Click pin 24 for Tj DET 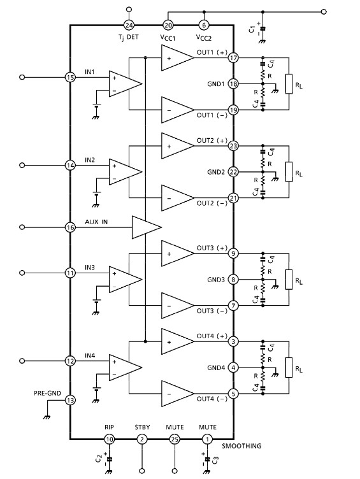point(129,25)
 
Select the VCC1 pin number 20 point(168,25)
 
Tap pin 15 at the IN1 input point(70,77)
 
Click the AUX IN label point(96,222)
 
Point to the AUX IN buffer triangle point(147,227)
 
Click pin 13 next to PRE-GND point(70,400)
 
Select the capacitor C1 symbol point(263,29)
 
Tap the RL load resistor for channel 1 point(289,83)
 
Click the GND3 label point(216,280)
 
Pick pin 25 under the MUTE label point(175,440)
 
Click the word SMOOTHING point(241,446)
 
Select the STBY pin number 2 point(142,440)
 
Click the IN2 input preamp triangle point(126,172)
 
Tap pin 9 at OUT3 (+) point(233,254)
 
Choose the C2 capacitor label point(99,459)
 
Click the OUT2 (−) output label point(212,203)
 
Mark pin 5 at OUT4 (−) point(233,394)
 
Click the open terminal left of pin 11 point(22,273)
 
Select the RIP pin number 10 point(109,440)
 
